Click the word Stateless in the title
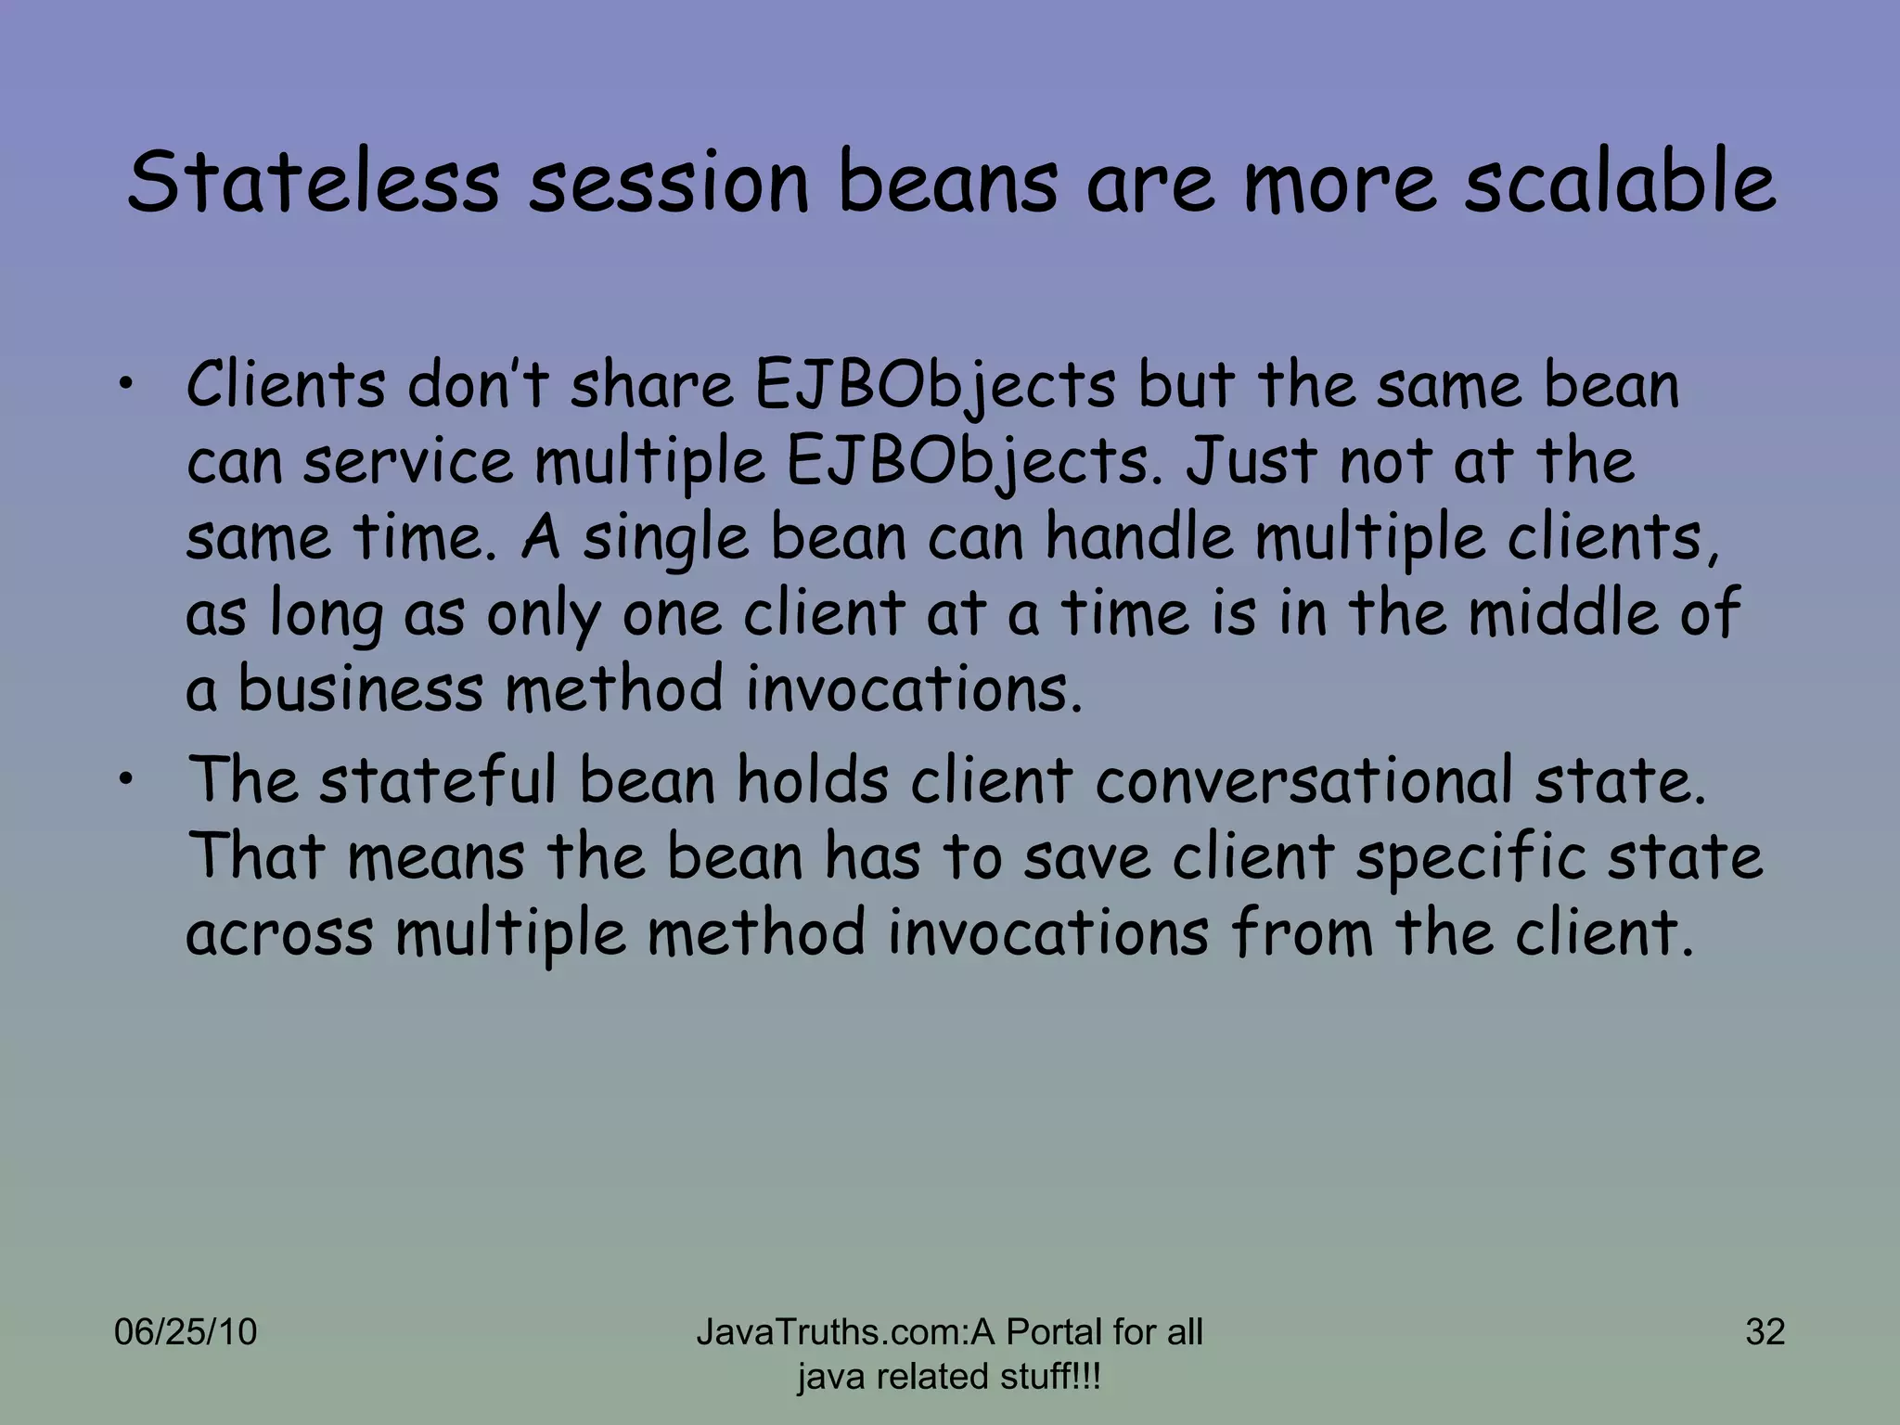[x=313, y=182]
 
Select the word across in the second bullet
[x=279, y=934]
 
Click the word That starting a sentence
[x=257, y=856]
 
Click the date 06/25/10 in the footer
[x=186, y=1332]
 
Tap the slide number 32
[x=1765, y=1332]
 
